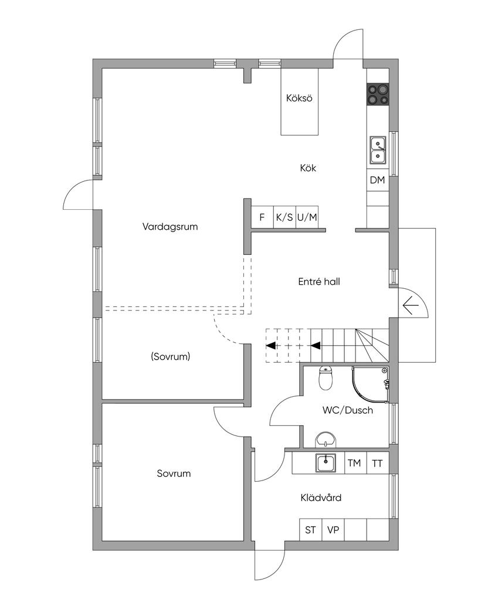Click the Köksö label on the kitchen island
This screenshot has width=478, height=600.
(x=299, y=98)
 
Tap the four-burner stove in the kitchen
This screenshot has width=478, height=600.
(x=378, y=94)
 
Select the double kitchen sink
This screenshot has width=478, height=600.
(x=377, y=149)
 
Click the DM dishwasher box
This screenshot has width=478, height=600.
(x=377, y=180)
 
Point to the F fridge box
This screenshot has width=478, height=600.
(x=262, y=217)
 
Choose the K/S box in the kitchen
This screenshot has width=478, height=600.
(x=284, y=217)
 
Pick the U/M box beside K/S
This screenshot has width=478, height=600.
(x=307, y=217)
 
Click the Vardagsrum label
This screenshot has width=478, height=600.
(x=169, y=226)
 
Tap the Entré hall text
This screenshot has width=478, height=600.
(x=319, y=282)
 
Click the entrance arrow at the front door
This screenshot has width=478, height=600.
(x=410, y=304)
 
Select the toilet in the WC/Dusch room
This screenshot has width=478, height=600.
(x=326, y=378)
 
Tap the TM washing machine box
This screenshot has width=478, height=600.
(x=354, y=463)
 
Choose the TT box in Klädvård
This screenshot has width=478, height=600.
(x=377, y=463)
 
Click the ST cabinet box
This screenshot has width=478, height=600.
(x=310, y=530)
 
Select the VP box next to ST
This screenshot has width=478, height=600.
(x=333, y=530)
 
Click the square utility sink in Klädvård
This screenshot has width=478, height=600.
(x=326, y=463)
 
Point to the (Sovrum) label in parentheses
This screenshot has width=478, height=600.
(x=170, y=356)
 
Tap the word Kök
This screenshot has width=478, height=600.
(x=308, y=168)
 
